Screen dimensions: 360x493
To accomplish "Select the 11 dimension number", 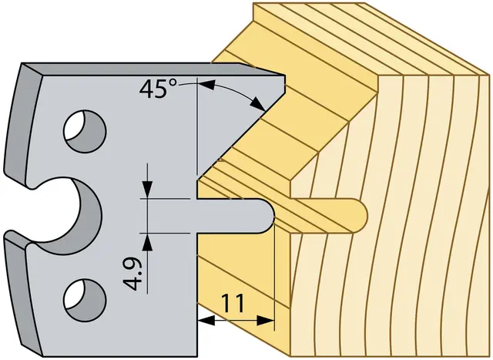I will point(233,303).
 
